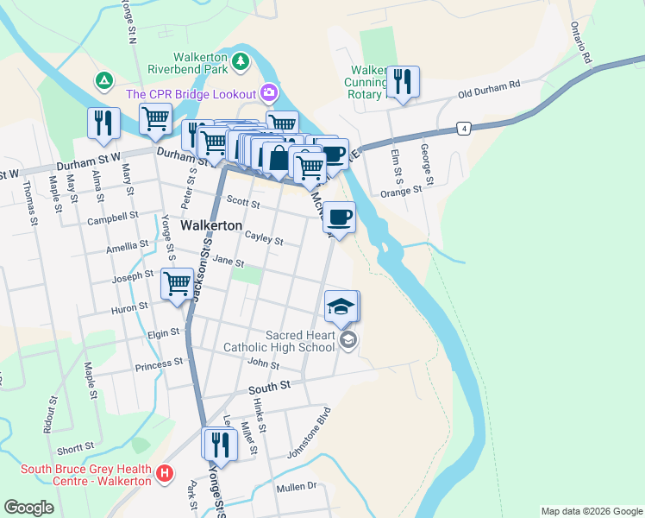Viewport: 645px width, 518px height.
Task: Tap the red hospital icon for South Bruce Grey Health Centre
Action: (165, 472)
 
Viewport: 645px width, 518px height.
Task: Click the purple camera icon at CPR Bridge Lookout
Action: (269, 92)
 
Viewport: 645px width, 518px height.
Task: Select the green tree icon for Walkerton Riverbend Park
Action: (241, 60)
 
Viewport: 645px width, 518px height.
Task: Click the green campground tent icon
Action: (103, 81)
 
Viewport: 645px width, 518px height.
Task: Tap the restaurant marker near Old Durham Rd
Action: (402, 83)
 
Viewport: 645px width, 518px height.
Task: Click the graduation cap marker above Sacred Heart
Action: (341, 306)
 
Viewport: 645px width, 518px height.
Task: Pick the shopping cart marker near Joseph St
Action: (177, 281)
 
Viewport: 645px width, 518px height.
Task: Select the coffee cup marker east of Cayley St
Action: (341, 217)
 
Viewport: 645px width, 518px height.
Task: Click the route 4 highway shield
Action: (464, 129)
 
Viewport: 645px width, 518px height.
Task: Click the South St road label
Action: (267, 390)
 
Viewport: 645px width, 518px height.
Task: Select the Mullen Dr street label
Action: (297, 487)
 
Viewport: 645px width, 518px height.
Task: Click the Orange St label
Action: (400, 192)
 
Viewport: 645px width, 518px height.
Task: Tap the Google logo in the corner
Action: (28, 508)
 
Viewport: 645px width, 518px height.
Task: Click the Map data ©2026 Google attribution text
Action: (591, 511)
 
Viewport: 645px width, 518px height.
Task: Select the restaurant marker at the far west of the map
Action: (103, 123)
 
